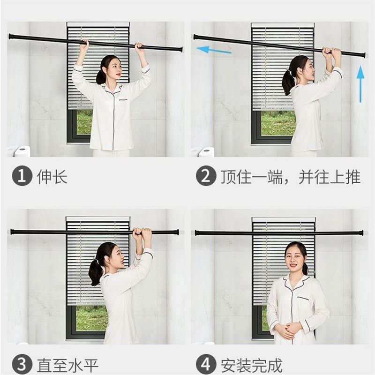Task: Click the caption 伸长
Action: pos(52,177)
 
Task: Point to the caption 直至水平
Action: pos(67,365)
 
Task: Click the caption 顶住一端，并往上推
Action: pos(291,177)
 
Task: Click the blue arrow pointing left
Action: pos(213,49)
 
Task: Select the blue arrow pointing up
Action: pos(360,83)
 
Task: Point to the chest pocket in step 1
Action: pos(124,99)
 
